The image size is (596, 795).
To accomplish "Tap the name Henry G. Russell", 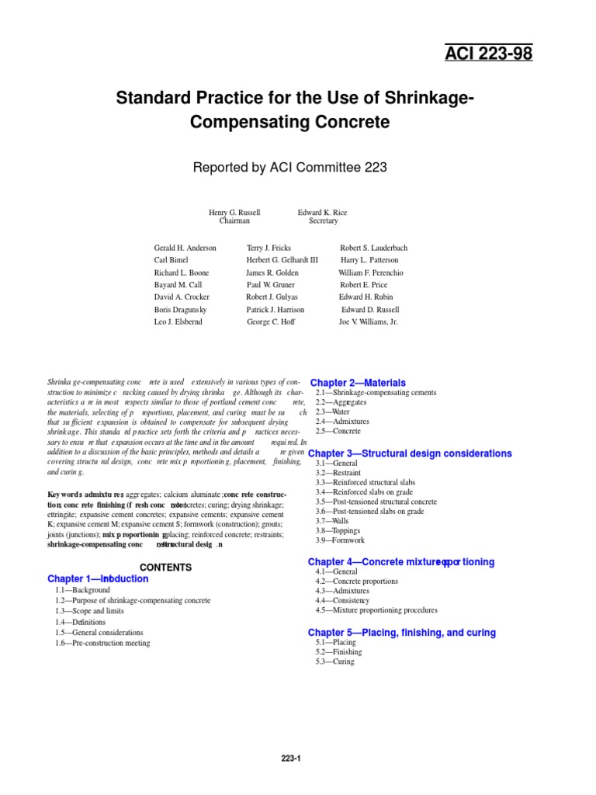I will click(x=234, y=212).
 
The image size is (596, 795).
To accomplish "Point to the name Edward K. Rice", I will click(x=324, y=212).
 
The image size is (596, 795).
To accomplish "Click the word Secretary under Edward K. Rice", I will click(x=324, y=221).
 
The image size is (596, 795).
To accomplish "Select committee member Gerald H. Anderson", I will click(x=185, y=248).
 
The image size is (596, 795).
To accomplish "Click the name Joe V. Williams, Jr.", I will click(x=368, y=321).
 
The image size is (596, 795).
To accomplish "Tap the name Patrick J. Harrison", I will click(x=275, y=309).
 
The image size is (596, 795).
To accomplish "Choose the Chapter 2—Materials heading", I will click(x=358, y=383).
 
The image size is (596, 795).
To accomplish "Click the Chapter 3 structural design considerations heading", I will click(x=410, y=453).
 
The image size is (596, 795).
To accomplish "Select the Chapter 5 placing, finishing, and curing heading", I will click(x=401, y=633).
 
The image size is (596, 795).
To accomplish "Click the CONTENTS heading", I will click(x=165, y=568).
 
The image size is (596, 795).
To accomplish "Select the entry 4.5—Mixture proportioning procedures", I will click(x=376, y=610).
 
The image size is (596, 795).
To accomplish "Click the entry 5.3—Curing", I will click(x=334, y=661).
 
